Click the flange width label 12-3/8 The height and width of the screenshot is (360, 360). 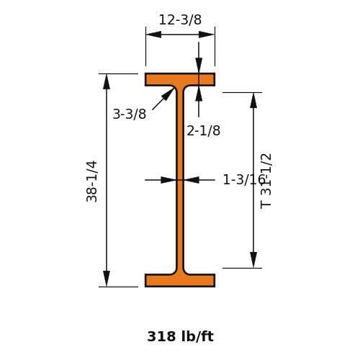click(180, 19)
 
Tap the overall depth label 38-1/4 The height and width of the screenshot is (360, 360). click(92, 181)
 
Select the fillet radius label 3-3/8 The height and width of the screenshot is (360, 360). click(130, 114)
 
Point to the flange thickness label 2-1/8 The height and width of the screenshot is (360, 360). click(203, 131)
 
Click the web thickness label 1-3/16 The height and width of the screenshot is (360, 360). click(243, 179)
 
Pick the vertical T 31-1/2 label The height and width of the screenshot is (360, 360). click(266, 181)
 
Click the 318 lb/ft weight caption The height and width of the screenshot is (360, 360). click(180, 336)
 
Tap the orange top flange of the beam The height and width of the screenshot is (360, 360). click(180, 79)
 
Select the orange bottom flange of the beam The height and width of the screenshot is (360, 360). click(180, 280)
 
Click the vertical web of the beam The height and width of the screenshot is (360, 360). click(180, 180)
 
